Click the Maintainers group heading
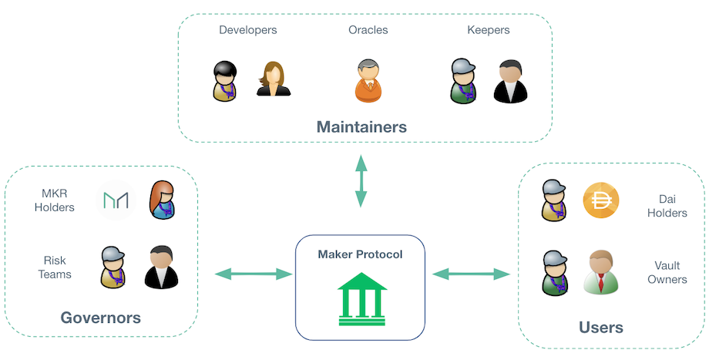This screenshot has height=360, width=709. [361, 126]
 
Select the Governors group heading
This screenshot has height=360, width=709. [100, 318]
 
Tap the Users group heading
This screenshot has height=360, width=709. [600, 328]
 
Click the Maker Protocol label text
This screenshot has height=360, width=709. [360, 254]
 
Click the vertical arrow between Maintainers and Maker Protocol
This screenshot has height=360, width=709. [360, 180]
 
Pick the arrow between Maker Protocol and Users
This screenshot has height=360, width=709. [472, 273]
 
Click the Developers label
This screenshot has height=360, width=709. [247, 30]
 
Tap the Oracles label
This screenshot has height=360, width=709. [368, 30]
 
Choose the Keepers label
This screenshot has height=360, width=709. [488, 30]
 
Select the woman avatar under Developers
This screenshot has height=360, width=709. [273, 79]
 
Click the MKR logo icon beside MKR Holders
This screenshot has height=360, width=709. [116, 201]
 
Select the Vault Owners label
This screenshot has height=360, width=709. [667, 272]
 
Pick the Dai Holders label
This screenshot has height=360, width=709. [667, 205]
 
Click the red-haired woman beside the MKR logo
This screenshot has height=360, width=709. [162, 200]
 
